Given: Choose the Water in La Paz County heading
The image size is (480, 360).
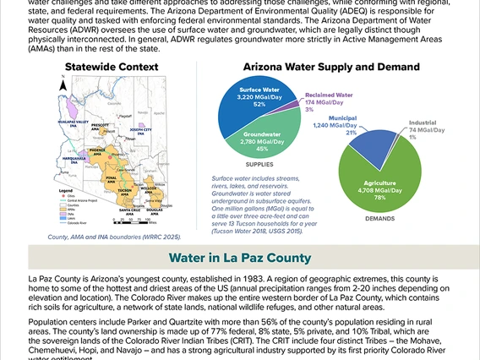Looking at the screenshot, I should point(239,257).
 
